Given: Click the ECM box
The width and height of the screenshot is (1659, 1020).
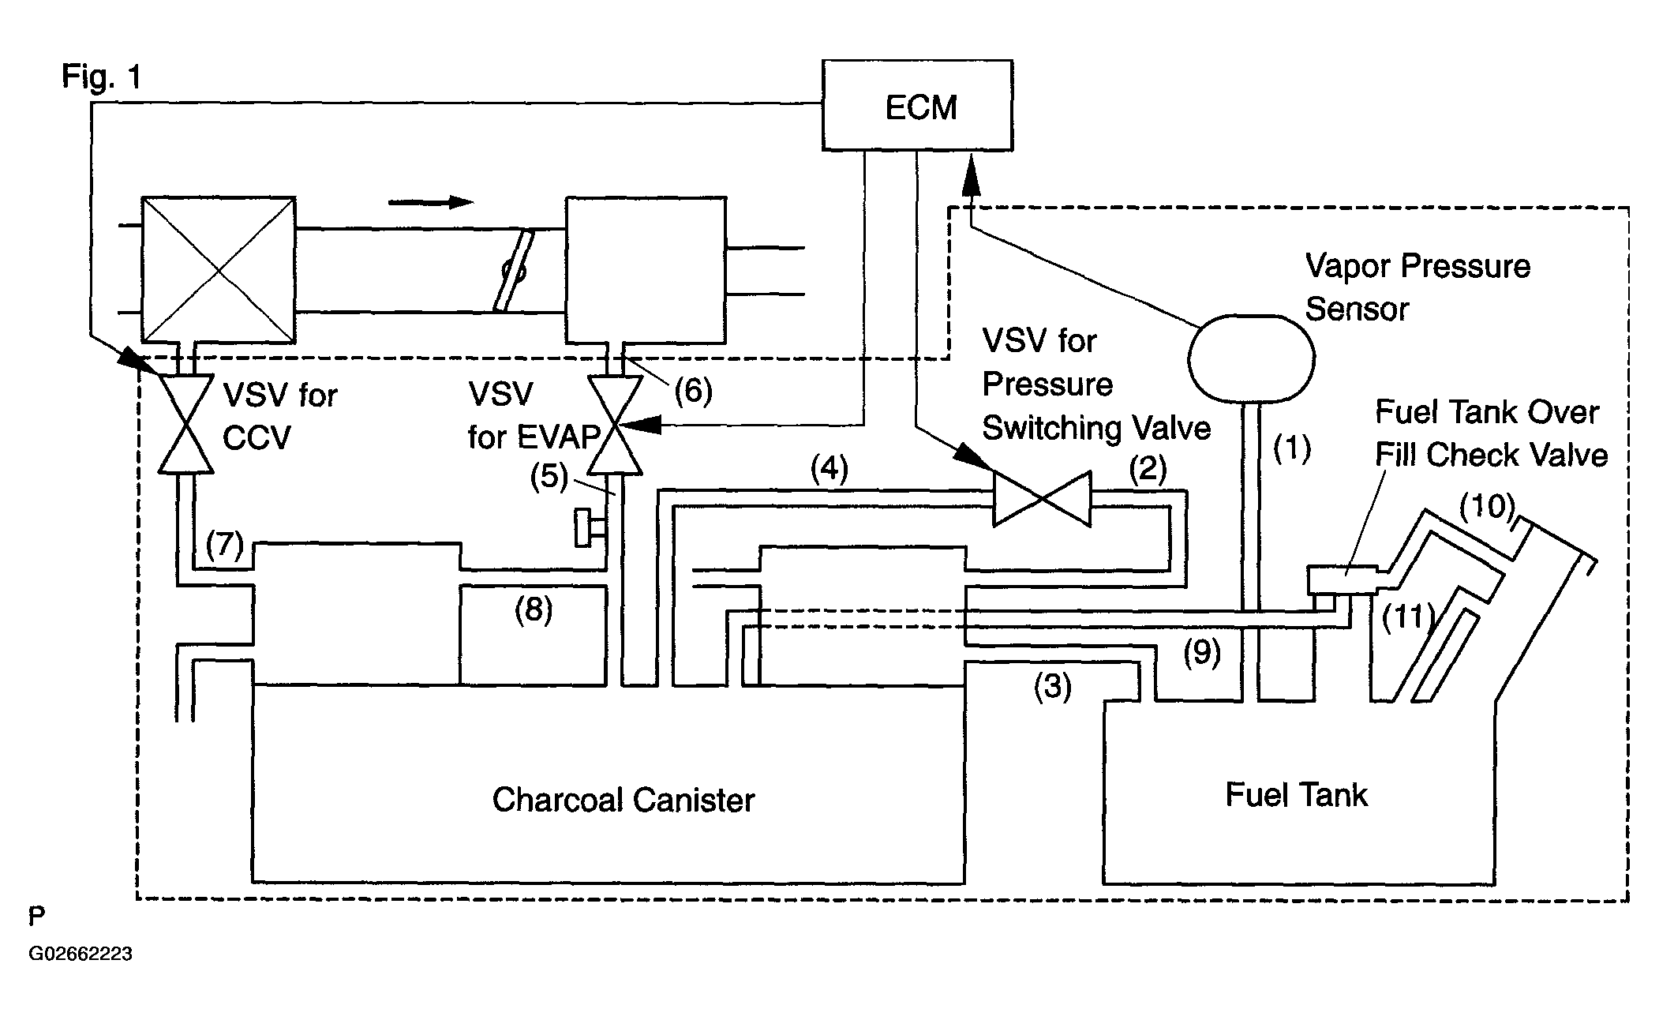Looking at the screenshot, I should pyautogui.click(x=917, y=105).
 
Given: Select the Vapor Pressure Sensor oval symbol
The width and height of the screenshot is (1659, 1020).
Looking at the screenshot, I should pyautogui.click(x=1251, y=358).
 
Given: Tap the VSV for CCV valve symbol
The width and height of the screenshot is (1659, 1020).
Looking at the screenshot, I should pyautogui.click(x=185, y=425).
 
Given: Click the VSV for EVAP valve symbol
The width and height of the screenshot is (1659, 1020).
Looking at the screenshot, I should pyautogui.click(x=616, y=426).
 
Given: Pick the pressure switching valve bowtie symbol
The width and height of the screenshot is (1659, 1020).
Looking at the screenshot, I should pyautogui.click(x=1042, y=499).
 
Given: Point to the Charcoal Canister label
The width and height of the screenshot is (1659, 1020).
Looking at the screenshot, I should pyautogui.click(x=624, y=800).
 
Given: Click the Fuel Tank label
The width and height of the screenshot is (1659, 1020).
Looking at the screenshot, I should pyautogui.click(x=1296, y=794).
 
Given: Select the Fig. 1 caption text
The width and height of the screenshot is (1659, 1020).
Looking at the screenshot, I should pyautogui.click(x=102, y=77).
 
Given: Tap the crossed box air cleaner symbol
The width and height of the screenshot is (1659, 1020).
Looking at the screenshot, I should pyautogui.click(x=218, y=270).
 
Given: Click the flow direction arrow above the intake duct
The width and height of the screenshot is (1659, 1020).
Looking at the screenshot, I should pyautogui.click(x=430, y=202).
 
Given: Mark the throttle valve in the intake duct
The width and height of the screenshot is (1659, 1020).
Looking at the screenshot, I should pyautogui.click(x=513, y=270).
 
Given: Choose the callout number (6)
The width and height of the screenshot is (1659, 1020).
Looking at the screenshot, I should pyautogui.click(x=692, y=390).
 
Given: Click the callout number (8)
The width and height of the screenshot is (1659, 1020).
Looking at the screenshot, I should pyautogui.click(x=534, y=609).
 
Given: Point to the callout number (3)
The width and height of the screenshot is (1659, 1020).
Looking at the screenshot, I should pyautogui.click(x=1053, y=686).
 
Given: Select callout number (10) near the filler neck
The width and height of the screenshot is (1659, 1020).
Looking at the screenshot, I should pyautogui.click(x=1487, y=506).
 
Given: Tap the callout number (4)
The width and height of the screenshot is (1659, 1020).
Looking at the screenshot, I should pyautogui.click(x=829, y=469).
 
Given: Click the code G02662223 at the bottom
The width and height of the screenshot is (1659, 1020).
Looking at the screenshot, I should pyautogui.click(x=81, y=954).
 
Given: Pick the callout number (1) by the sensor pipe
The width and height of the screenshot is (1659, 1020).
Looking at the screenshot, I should pyautogui.click(x=1292, y=448).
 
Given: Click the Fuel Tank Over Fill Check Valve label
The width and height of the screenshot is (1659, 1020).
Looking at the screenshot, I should pyautogui.click(x=1490, y=433).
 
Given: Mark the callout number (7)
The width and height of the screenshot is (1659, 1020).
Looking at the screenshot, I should pyautogui.click(x=225, y=544).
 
